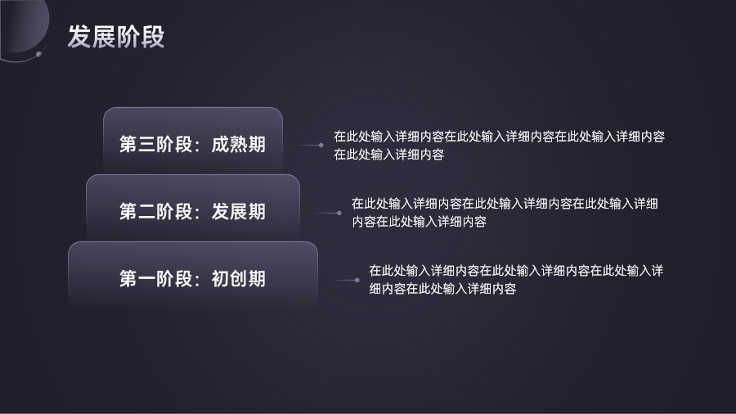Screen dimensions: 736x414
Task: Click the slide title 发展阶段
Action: point(116,37)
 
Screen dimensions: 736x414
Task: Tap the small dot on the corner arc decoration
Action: point(38,55)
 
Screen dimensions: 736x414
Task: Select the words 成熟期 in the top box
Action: point(239,144)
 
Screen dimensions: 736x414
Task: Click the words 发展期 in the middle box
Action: point(239,211)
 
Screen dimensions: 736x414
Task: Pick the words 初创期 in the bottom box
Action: point(239,278)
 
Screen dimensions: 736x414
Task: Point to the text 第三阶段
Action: point(156,144)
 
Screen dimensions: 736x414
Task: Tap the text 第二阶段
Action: point(156,211)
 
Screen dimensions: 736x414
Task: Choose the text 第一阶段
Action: point(156,278)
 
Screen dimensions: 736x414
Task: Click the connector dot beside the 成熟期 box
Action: point(321,145)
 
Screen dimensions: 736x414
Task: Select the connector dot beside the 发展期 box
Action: point(339,213)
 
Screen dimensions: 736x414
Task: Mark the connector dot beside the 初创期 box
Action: point(357,280)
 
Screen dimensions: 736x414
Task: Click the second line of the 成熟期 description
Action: point(388,155)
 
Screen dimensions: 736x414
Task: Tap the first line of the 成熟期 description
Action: point(499,137)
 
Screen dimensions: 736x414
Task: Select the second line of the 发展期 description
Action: point(420,222)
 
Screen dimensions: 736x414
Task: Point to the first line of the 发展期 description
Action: point(505,204)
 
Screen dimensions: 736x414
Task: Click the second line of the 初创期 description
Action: point(442,289)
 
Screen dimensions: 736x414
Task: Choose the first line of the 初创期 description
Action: point(516,271)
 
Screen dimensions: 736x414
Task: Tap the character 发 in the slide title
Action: point(79,37)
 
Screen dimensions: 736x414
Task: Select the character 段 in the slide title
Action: point(153,37)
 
